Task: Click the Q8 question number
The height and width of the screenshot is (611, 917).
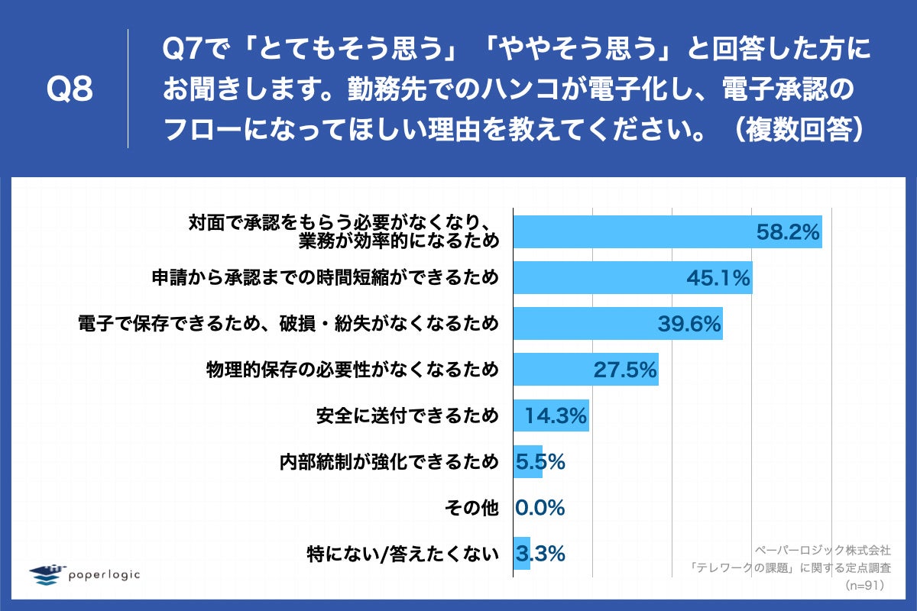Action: [x=70, y=90]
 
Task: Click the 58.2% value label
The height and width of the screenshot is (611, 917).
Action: [x=788, y=231]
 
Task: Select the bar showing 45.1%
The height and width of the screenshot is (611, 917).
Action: [x=632, y=278]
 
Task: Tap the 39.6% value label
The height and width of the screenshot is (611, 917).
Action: [x=689, y=324]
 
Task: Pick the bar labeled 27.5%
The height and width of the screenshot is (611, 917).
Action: [x=585, y=370]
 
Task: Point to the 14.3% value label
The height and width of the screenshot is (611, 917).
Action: [x=555, y=415]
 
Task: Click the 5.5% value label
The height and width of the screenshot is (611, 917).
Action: [x=540, y=461]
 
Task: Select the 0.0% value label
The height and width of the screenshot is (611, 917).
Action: [x=540, y=507]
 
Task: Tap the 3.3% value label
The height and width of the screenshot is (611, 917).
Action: [x=540, y=553]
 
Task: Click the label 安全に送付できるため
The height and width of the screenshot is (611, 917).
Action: [x=407, y=415]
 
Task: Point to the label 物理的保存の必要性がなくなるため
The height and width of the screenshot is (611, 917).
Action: [x=352, y=370]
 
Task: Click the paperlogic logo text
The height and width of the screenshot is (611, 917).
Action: [x=104, y=574]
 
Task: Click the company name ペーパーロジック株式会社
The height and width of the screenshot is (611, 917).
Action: [x=823, y=549]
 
